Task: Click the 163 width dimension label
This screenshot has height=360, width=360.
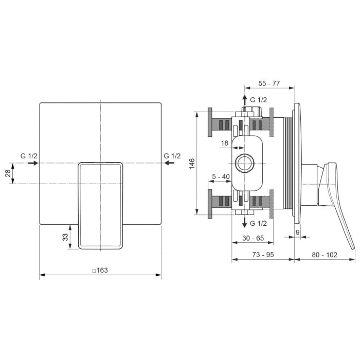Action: pos(101,270)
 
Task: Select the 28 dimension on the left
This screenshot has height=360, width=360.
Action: pos(8,173)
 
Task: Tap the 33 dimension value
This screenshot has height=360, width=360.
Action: pos(65,237)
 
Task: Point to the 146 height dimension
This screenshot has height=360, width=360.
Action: pos(192,164)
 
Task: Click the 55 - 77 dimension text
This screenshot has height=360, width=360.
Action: pos(269,83)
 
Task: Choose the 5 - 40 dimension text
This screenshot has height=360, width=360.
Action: pos(221,177)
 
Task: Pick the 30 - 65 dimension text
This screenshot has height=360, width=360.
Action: pos(253,238)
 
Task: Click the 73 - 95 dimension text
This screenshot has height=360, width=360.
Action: pos(263,255)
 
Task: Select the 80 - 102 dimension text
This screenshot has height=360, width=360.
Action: pos(325,255)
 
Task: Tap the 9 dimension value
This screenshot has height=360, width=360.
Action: pos(298,232)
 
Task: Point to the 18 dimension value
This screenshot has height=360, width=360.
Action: pos(224,142)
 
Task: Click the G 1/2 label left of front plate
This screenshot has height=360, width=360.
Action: pos(29,156)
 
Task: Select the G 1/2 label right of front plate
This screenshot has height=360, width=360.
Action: pos(172,156)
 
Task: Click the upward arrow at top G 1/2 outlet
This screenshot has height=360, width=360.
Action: pos(245,100)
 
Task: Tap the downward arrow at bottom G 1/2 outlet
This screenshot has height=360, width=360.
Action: pos(245,223)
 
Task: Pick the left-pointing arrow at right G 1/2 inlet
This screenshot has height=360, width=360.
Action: pos(169,163)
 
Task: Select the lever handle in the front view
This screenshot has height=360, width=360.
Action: pos(101,206)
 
